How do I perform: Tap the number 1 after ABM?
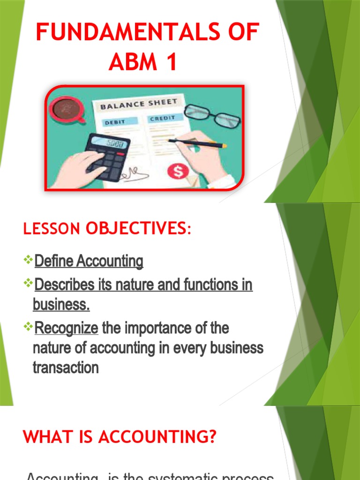[x=170, y=62]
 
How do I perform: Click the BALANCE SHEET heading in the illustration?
[x=139, y=104]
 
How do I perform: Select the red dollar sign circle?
[x=178, y=172]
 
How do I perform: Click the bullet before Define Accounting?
[x=28, y=259]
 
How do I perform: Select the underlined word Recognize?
[x=66, y=329]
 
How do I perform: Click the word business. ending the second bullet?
[x=61, y=305]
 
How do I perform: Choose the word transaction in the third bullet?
[x=66, y=368]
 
